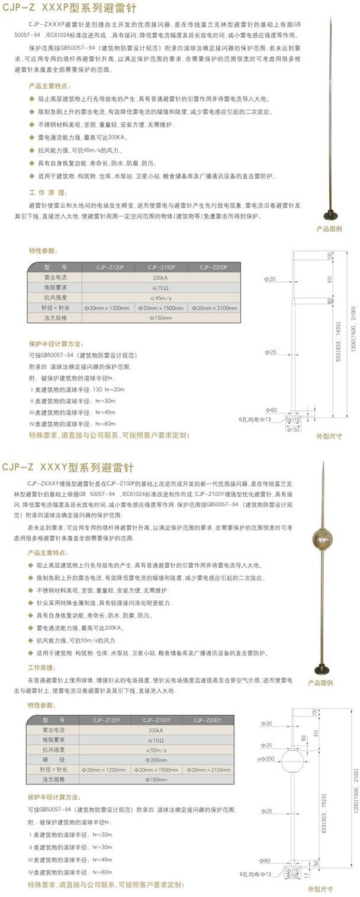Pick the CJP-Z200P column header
(x=213, y=267)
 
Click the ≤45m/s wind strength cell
(x=160, y=297)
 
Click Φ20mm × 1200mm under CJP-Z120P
(x=109, y=307)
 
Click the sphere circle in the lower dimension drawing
(x=292, y=762)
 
